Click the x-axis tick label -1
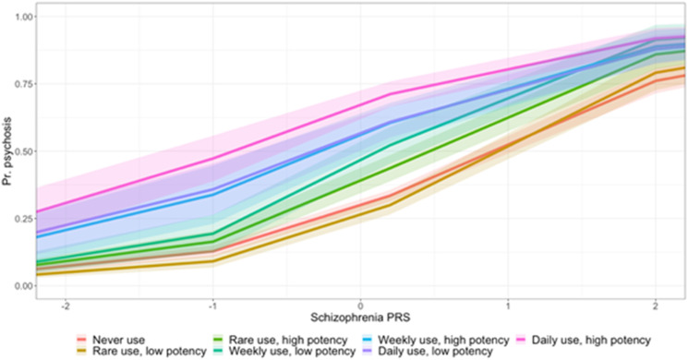click(x=212, y=304)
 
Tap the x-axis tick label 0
click(x=361, y=304)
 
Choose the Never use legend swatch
click(x=82, y=339)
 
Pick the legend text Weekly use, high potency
click(x=408, y=339)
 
